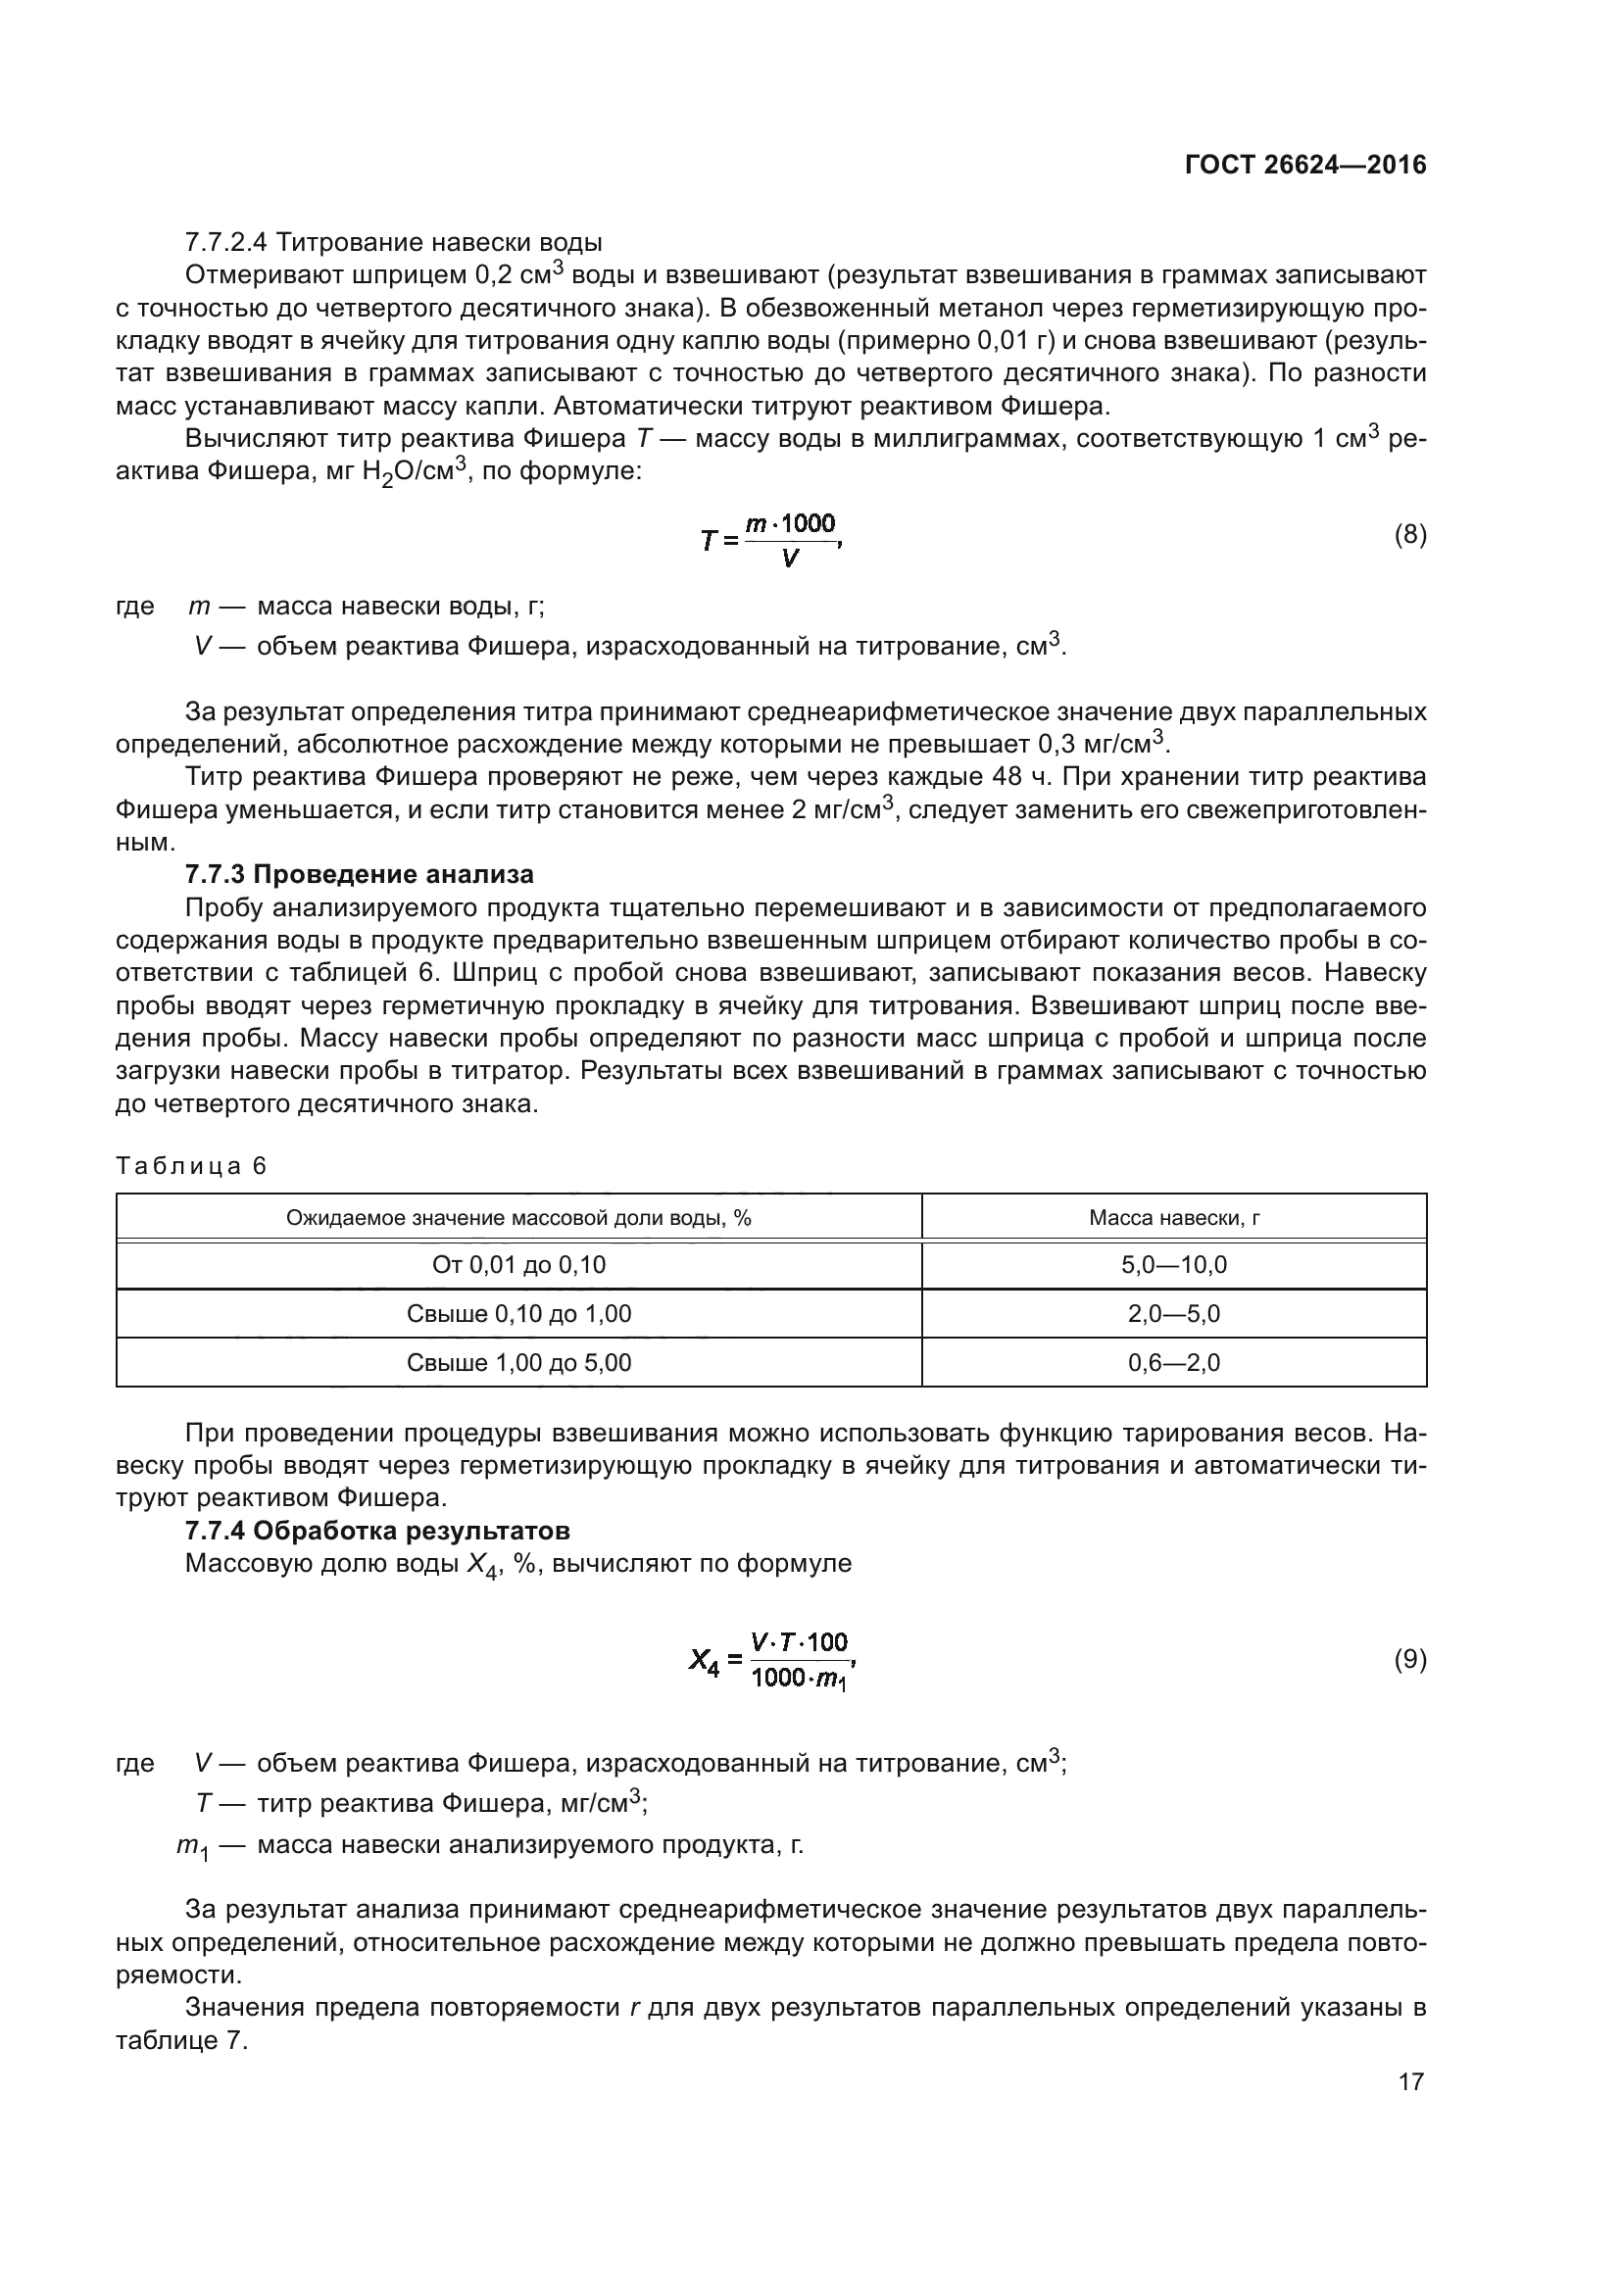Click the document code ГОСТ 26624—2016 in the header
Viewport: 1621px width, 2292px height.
point(1304,165)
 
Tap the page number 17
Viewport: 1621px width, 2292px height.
point(1410,2081)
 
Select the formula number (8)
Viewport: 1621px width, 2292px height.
point(1409,535)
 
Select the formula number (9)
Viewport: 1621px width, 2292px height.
point(1409,1659)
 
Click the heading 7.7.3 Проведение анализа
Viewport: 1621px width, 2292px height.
point(360,874)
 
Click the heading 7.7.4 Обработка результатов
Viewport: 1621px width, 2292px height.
point(377,1531)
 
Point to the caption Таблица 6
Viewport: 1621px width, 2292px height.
point(192,1166)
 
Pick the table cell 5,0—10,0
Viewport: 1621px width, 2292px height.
point(1174,1265)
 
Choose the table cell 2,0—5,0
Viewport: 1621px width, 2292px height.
point(1174,1314)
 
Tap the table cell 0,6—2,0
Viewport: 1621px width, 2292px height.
point(1174,1363)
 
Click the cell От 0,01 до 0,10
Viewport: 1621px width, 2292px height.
point(519,1265)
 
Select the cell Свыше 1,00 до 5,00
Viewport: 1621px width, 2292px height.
point(519,1363)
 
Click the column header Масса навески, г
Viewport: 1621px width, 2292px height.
point(1174,1218)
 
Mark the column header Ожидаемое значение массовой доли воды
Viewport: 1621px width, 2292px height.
point(519,1218)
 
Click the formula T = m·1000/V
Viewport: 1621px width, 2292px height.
point(771,539)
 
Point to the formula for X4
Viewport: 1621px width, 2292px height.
point(771,1661)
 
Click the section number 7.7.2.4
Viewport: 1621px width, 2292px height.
point(225,243)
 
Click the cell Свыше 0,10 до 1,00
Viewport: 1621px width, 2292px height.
point(519,1314)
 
